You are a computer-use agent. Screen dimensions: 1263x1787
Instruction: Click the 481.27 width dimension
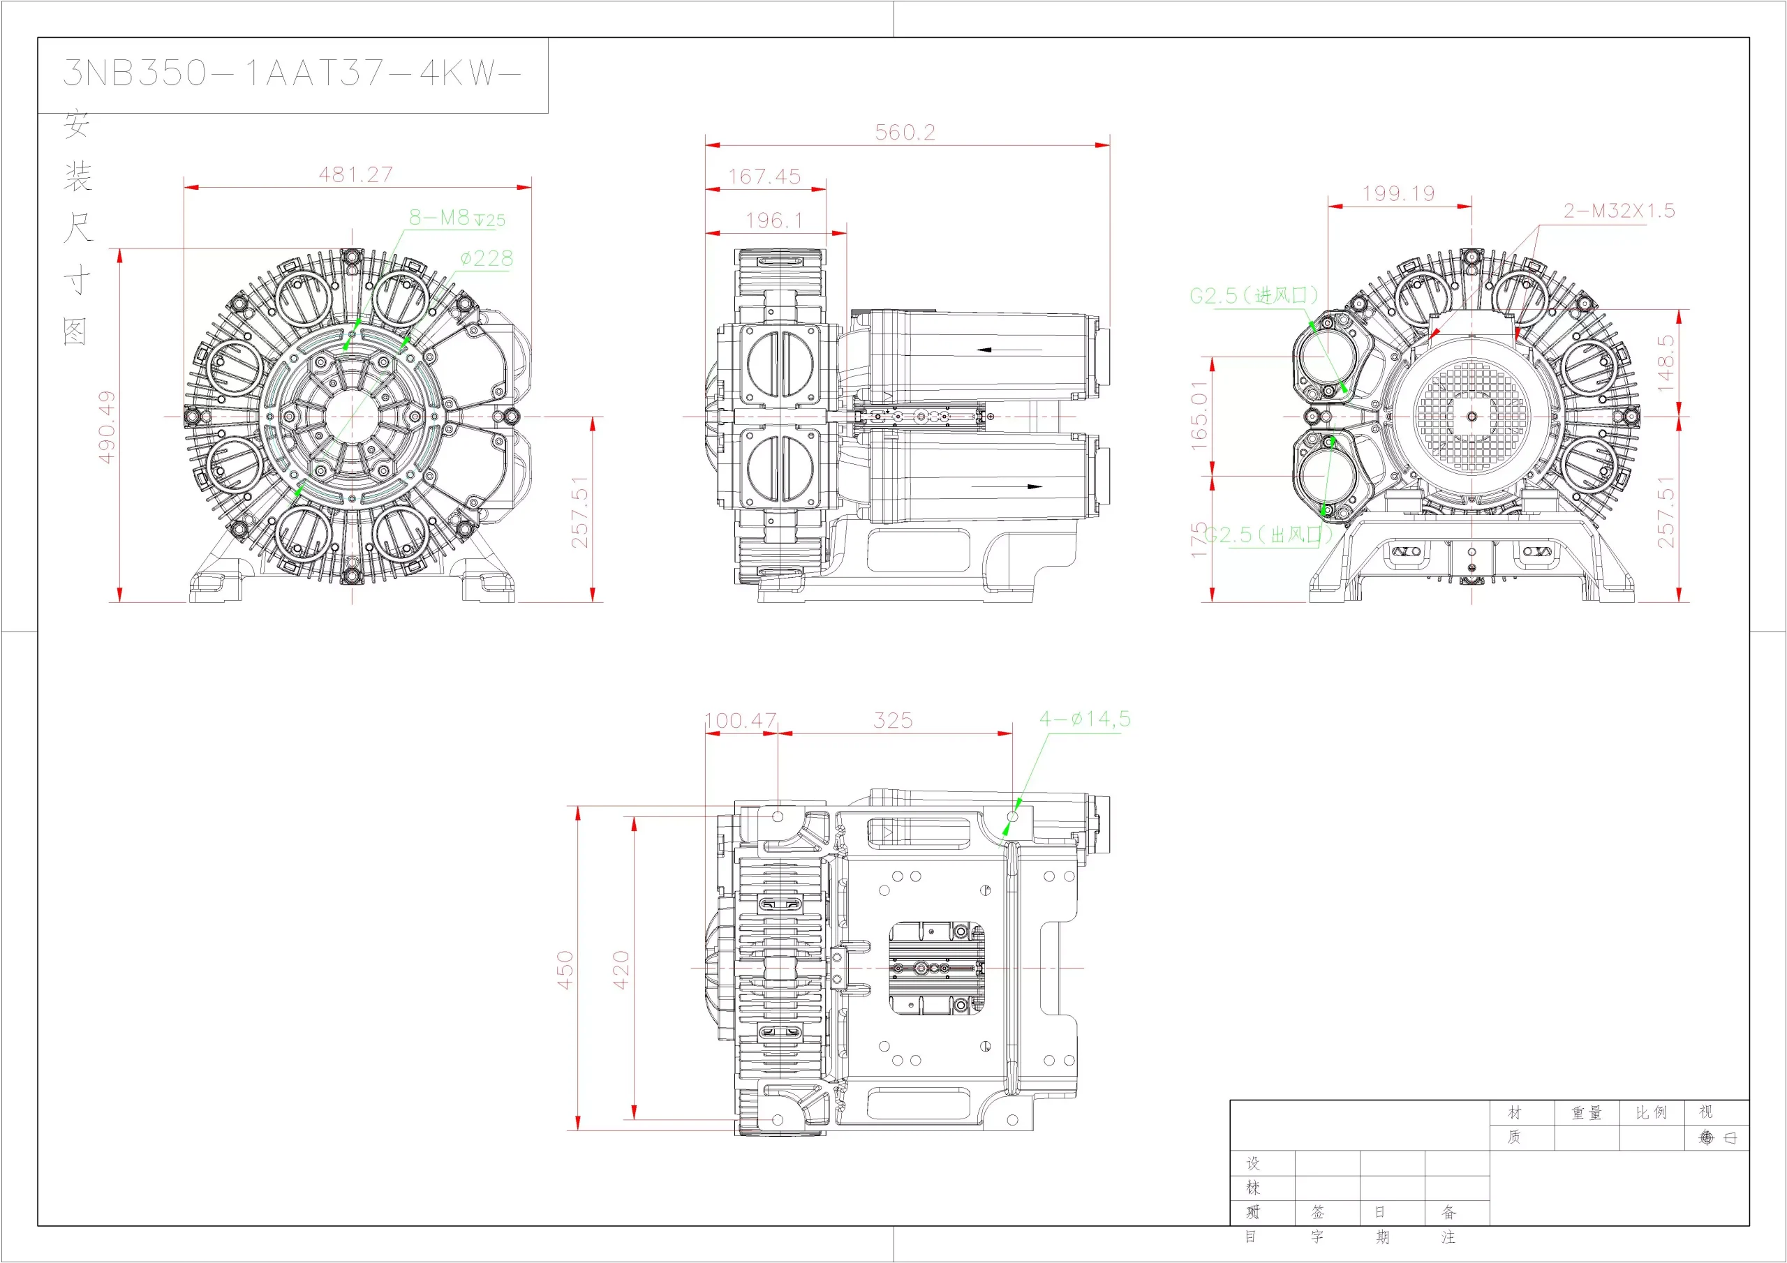pyautogui.click(x=356, y=174)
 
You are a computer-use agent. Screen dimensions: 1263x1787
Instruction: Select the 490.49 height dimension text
pyautogui.click(x=107, y=426)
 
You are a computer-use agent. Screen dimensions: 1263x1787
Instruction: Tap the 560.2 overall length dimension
pyautogui.click(x=905, y=133)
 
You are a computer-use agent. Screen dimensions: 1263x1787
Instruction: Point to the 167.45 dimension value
pyautogui.click(x=764, y=177)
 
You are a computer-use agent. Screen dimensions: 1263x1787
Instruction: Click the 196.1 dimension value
pyautogui.click(x=773, y=221)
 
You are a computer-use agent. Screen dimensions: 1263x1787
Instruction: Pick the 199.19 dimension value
pyautogui.click(x=1399, y=193)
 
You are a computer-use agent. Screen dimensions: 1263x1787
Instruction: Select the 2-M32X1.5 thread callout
pyautogui.click(x=1619, y=211)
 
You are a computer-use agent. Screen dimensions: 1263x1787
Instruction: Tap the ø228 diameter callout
pyautogui.click(x=487, y=258)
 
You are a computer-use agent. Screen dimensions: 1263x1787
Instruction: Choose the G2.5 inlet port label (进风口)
pyautogui.click(x=1254, y=296)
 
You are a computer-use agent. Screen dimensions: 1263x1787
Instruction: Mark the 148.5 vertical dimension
pyautogui.click(x=1665, y=363)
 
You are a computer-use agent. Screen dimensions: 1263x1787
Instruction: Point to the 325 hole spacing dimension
pyautogui.click(x=893, y=721)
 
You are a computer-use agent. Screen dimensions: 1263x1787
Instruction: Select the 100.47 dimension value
pyautogui.click(x=740, y=721)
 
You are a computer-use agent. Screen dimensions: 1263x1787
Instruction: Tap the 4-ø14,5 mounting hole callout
pyautogui.click(x=1085, y=719)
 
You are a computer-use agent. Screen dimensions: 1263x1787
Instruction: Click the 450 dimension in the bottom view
pyautogui.click(x=565, y=970)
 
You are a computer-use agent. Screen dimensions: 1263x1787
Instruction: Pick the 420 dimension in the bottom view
pyautogui.click(x=621, y=970)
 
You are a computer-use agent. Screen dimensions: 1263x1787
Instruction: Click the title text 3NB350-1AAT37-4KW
pyautogui.click(x=291, y=73)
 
